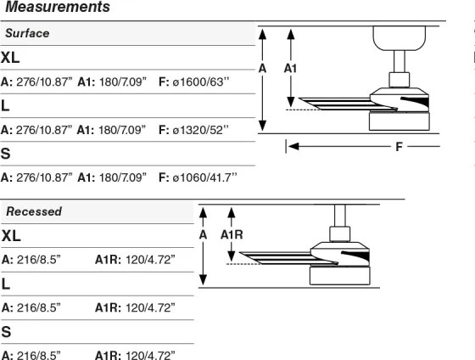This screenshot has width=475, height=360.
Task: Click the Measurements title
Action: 58,7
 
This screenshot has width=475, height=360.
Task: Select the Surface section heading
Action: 27,33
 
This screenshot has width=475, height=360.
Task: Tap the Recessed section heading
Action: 34,211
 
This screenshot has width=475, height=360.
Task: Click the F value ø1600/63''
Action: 201,82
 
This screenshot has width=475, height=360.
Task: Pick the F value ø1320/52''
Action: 200,130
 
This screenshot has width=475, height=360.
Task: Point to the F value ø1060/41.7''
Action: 204,177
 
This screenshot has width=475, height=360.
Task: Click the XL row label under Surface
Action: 10,58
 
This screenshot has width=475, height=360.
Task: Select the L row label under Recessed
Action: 5,284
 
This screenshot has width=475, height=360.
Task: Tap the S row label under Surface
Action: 5,154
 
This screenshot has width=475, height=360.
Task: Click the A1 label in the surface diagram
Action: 290,69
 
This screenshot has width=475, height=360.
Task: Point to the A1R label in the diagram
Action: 232,234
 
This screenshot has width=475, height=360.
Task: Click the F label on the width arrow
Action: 399,147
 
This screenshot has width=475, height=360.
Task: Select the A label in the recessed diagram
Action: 203,234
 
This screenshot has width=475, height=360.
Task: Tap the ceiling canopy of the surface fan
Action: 399,38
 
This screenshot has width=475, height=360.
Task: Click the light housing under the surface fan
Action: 400,121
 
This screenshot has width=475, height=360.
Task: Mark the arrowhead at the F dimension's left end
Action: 293,147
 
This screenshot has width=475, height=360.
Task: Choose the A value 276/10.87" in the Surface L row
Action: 44,130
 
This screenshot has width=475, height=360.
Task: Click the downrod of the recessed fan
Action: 340,216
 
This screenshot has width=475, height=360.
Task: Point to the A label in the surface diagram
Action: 262,69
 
